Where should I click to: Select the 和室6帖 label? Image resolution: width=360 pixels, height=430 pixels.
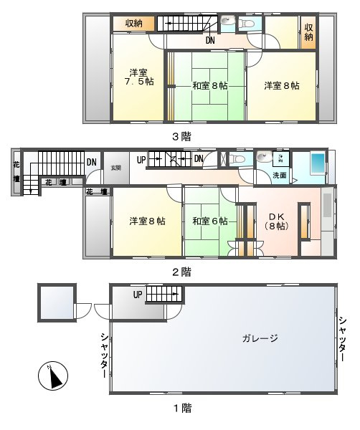pos(210,221)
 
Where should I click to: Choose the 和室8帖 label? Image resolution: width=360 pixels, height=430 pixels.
pos(209,85)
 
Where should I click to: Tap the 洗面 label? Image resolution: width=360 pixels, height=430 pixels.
pos(280,175)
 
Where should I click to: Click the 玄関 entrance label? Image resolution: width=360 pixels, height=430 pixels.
pos(116,167)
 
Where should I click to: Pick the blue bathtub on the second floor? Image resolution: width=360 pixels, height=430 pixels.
pos(318,163)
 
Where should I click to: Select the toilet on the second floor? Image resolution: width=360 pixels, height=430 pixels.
pos(265,158)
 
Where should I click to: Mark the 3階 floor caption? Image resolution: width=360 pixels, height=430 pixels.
pos(181,135)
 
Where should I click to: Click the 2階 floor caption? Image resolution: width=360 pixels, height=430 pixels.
pos(181,272)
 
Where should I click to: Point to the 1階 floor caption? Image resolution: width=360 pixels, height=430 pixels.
pos(181,408)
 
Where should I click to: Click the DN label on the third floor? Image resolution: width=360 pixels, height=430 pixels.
pos(210,41)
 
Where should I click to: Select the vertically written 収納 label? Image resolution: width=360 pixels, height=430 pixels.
pos(308,32)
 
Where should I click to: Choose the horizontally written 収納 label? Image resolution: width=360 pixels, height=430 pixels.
pos(134,23)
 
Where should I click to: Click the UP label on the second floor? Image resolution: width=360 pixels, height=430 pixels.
pos(141,158)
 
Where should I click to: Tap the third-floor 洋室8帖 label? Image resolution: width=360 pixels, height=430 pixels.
pos(281,85)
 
